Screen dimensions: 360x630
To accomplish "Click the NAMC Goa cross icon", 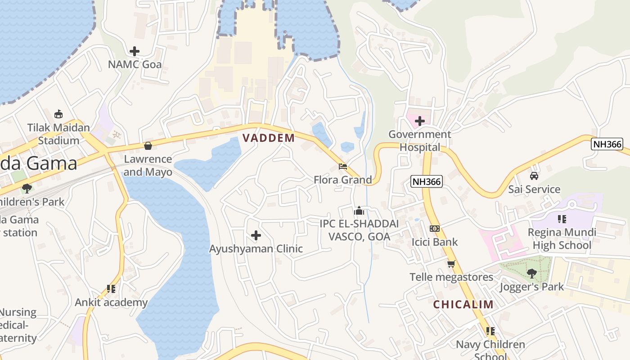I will (x=134, y=51).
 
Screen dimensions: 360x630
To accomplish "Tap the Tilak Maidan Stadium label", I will (x=58, y=134).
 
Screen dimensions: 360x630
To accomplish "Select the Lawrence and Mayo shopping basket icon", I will (x=148, y=146).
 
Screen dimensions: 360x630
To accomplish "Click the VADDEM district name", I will (x=269, y=138).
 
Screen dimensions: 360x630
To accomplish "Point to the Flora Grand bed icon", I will (x=343, y=166).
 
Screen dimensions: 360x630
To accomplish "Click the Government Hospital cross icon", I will (x=419, y=121).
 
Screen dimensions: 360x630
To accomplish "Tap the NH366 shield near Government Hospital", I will (x=427, y=181).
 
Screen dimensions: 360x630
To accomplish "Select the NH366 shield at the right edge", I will (x=607, y=144).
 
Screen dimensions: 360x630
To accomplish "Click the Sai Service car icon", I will (x=534, y=176).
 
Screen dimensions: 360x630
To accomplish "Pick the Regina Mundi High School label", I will (x=562, y=239).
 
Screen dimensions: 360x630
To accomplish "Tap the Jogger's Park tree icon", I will (x=531, y=273).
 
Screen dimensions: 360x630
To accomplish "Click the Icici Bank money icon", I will (x=434, y=229).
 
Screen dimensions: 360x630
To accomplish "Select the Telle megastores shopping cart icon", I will (x=451, y=264).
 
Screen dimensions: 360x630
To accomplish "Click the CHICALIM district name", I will (x=463, y=305).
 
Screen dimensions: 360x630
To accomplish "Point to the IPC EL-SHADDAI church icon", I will (x=359, y=211).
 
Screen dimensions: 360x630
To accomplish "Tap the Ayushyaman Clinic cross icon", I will (x=256, y=235).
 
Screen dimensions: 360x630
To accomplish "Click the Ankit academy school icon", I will (x=111, y=289).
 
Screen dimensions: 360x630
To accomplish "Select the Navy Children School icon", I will (x=490, y=331).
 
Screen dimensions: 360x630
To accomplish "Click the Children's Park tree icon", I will (x=27, y=188).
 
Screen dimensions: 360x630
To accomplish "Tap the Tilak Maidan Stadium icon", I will (x=58, y=114).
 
